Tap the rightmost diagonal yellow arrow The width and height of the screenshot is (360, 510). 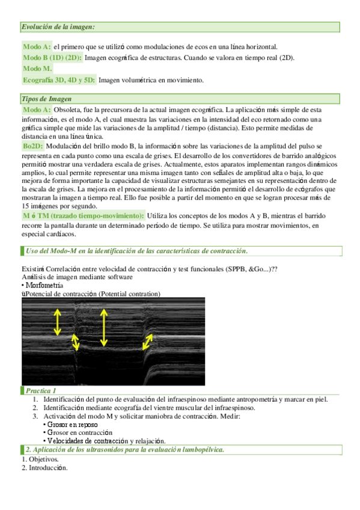[148, 343]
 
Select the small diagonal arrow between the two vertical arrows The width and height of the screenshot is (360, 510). [76, 342]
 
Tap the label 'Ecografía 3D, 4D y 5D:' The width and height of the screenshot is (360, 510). [59, 79]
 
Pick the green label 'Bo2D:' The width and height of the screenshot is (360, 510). [32, 146]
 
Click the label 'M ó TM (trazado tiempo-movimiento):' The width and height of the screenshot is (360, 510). [84, 215]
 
